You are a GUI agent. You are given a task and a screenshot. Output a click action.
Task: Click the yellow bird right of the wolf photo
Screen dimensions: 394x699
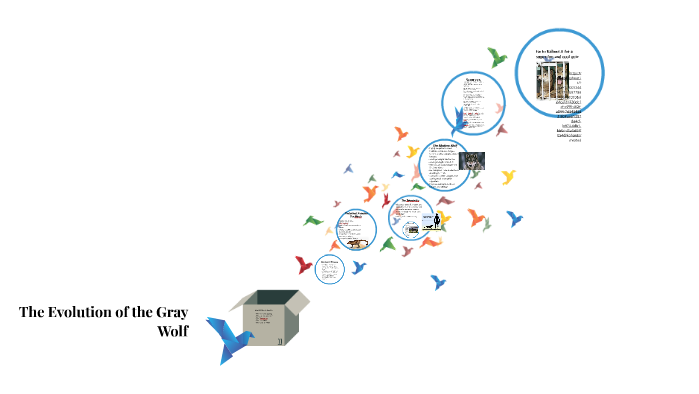[508, 177]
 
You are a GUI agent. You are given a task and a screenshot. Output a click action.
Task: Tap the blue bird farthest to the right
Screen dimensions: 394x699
[515, 218]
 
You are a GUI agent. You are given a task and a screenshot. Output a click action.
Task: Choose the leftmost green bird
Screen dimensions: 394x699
[314, 220]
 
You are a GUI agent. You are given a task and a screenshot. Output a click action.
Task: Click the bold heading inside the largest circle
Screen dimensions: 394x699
[558, 54]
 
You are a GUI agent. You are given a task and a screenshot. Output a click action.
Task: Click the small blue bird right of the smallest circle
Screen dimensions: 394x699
[358, 267]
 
